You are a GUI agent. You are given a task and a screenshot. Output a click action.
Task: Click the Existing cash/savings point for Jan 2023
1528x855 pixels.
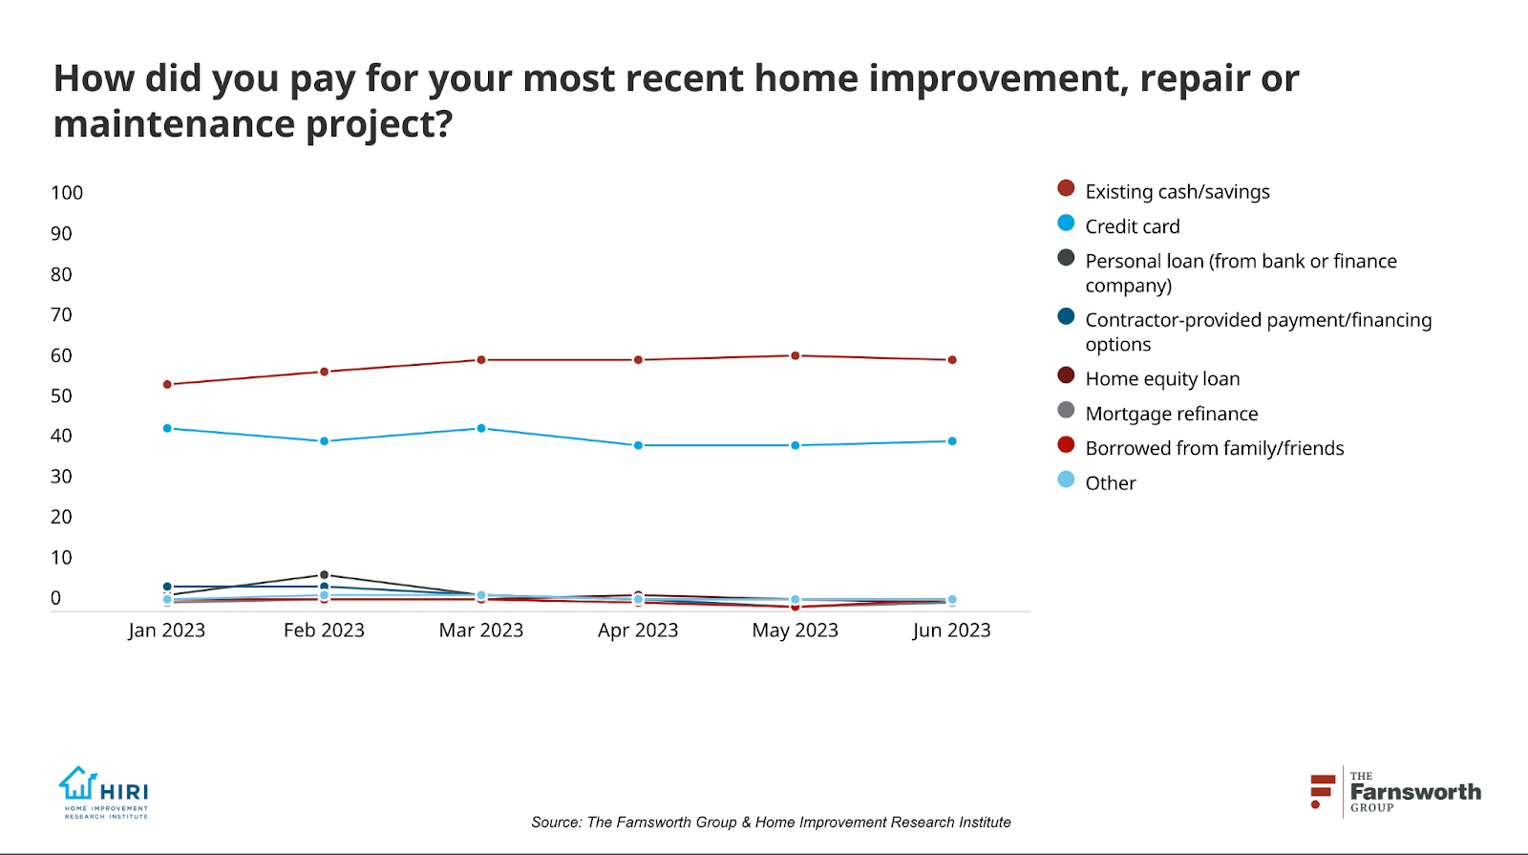pyautogui.click(x=167, y=384)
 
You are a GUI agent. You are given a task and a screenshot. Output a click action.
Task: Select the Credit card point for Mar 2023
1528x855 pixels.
pyautogui.click(x=481, y=429)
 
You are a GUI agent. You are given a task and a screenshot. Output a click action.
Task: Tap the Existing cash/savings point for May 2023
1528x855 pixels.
pyautogui.click(x=796, y=355)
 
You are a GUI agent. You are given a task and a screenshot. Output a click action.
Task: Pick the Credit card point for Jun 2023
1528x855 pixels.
pyautogui.click(x=952, y=441)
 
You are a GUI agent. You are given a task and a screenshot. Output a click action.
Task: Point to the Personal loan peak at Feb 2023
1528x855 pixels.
pyautogui.click(x=324, y=575)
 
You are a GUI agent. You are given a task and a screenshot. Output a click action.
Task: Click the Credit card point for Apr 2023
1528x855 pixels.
pyautogui.click(x=639, y=445)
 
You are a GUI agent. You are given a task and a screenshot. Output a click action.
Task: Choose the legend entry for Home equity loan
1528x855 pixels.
pyautogui.click(x=1149, y=378)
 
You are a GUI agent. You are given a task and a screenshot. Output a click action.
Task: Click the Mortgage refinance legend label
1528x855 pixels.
pyautogui.click(x=1171, y=414)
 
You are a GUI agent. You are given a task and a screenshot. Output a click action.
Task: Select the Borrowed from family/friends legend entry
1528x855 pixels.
pyautogui.click(x=1200, y=448)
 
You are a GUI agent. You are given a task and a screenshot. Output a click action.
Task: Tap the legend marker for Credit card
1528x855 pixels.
pyautogui.click(x=1066, y=224)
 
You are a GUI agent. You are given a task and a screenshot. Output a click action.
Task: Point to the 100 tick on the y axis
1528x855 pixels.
pyautogui.click(x=67, y=193)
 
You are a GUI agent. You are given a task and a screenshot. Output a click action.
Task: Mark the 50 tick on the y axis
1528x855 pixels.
pyautogui.click(x=61, y=395)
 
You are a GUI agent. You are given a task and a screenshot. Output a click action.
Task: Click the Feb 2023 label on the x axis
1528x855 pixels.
pyautogui.click(x=324, y=630)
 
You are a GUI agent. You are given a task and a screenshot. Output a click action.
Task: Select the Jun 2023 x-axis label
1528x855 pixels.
pyautogui.click(x=951, y=630)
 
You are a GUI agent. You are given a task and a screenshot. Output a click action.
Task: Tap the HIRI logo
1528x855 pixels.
pyautogui.click(x=104, y=792)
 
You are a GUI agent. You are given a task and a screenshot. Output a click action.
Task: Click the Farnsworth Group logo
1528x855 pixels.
pyautogui.click(x=1395, y=792)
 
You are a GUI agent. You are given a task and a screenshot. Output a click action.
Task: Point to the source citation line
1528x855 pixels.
pyautogui.click(x=771, y=823)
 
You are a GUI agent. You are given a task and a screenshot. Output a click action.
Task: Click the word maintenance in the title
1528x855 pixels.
pyautogui.click(x=174, y=123)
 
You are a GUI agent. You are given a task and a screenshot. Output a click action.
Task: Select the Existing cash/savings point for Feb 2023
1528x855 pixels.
pyautogui.click(x=324, y=372)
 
